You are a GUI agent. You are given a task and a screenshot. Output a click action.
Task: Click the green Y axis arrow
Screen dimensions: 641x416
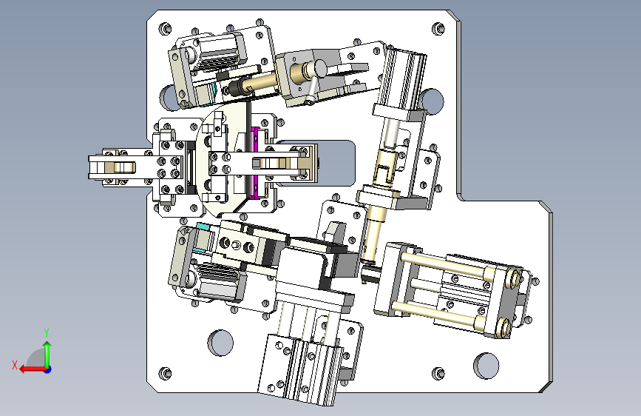(x=47, y=354)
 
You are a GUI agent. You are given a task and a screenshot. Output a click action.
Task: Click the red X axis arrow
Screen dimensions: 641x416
(x=33, y=369)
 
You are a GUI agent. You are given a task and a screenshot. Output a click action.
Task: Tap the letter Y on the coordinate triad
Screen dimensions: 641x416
(x=47, y=332)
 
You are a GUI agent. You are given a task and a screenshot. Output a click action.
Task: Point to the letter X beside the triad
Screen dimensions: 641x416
(x=15, y=365)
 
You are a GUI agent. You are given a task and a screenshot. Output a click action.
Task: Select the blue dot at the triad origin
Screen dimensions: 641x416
(x=48, y=369)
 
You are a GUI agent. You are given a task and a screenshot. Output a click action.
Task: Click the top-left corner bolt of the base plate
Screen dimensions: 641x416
(x=165, y=29)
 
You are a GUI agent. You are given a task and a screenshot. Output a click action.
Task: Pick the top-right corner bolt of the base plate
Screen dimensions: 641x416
(x=438, y=28)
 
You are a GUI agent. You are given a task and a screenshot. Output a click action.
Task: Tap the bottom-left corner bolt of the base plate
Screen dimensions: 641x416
(x=165, y=373)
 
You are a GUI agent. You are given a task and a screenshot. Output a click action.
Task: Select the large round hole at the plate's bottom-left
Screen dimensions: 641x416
(x=220, y=343)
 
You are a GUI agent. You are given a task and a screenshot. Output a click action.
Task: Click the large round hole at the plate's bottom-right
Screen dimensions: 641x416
(x=486, y=366)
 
